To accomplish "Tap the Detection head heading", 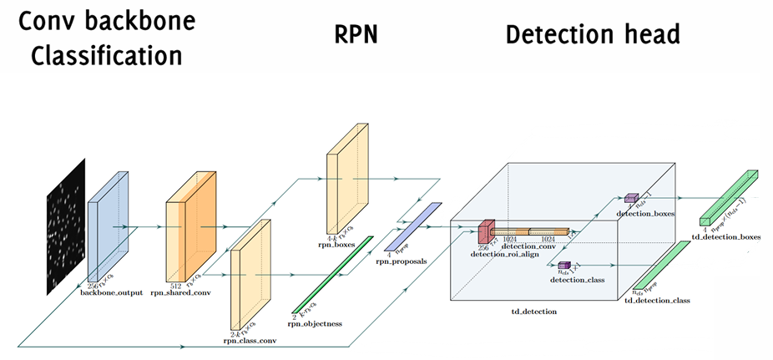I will tap(593, 35).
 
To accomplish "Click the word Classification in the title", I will tap(99, 57).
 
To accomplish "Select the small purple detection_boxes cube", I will tap(631, 199).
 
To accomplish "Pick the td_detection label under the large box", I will tap(533, 311).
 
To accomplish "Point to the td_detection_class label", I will tap(657, 299).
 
